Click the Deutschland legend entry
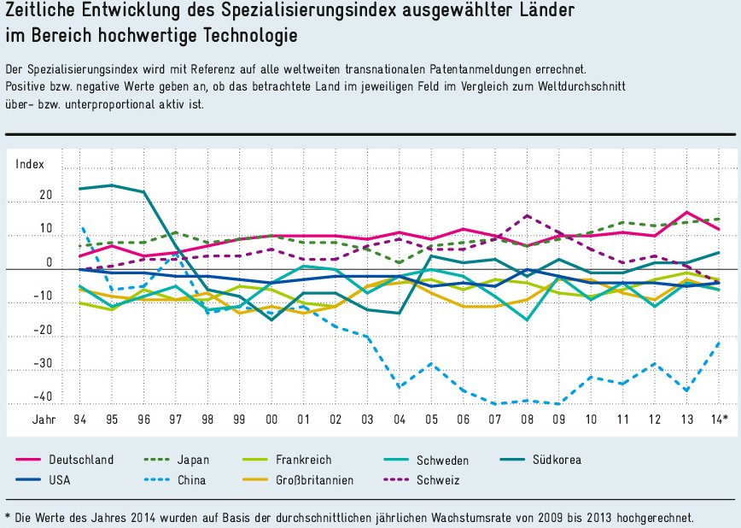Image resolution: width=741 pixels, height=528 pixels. pyautogui.click(x=78, y=460)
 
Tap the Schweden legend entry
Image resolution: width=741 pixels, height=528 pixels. pyautogui.click(x=442, y=460)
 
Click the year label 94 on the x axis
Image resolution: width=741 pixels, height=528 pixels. pyautogui.click(x=79, y=419)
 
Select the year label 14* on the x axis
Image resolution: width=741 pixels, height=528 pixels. pyautogui.click(x=719, y=419)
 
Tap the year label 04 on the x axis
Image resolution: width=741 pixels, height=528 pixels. pyautogui.click(x=399, y=419)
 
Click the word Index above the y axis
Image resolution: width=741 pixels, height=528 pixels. pyautogui.click(x=30, y=165)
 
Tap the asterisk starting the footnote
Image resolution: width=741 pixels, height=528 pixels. pyautogui.click(x=8, y=516)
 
